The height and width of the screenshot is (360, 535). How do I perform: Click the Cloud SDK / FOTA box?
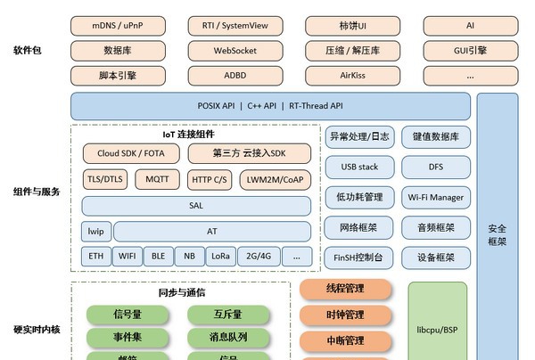[x=131, y=153]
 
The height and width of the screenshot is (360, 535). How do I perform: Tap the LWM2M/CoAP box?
[x=275, y=179]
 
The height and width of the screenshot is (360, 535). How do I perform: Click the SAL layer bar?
[x=197, y=206]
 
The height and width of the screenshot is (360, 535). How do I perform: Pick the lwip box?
[x=95, y=232]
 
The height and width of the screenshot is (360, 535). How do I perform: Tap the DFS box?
[x=435, y=167]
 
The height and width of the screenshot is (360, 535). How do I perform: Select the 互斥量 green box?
[x=227, y=315]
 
